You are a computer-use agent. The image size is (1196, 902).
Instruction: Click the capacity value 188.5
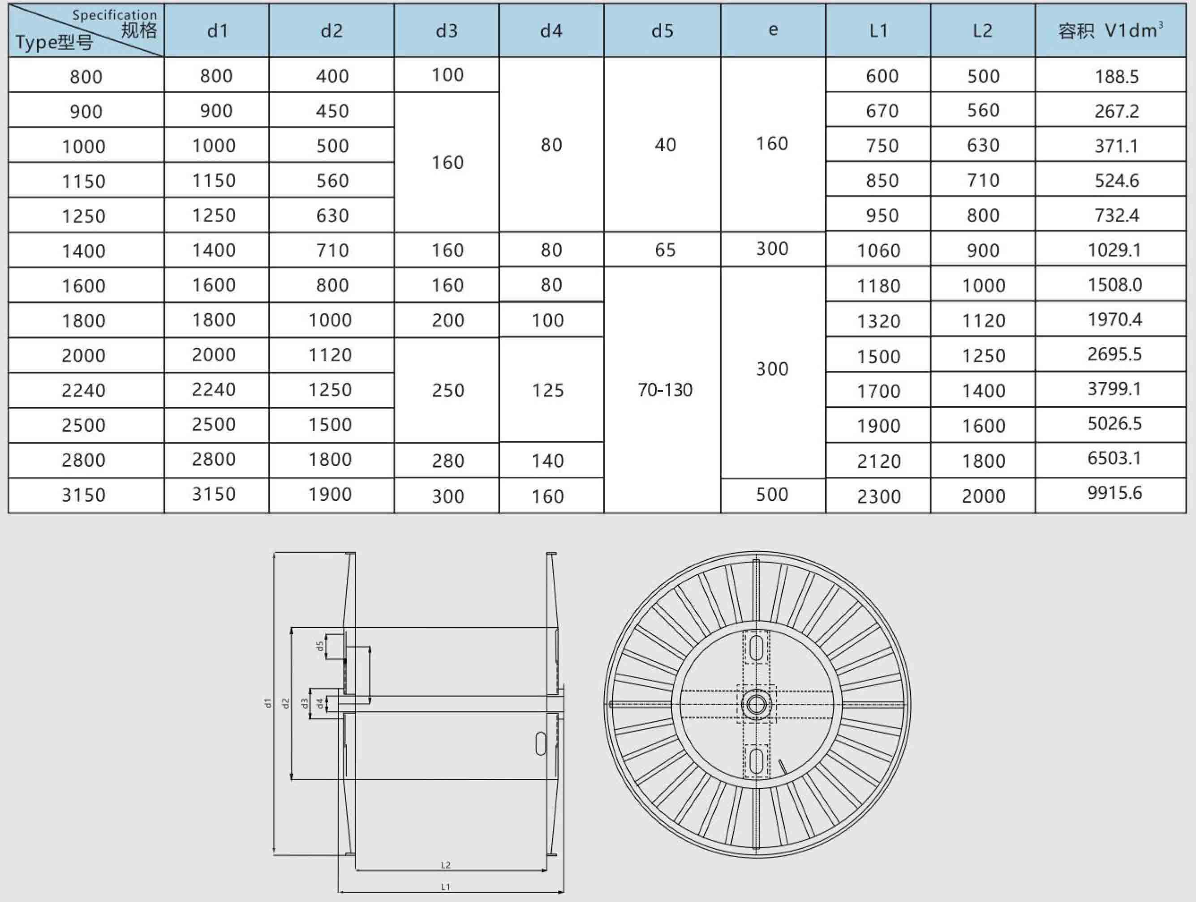point(1116,76)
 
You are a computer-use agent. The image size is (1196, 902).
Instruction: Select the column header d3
point(447,31)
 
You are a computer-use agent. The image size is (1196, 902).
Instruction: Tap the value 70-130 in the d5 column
point(664,389)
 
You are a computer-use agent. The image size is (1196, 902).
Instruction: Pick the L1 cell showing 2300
point(878,496)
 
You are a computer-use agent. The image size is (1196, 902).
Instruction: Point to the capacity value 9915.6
point(1114,493)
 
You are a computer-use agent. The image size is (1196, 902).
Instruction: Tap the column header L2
point(982,31)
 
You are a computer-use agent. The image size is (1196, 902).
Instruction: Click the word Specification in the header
point(115,15)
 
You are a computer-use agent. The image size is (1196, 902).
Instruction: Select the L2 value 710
point(983,180)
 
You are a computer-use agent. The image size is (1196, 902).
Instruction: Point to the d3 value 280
point(447,461)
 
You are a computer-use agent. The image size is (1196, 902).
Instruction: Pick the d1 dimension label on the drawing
point(267,703)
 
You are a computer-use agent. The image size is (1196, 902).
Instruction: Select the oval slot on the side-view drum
point(540,744)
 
